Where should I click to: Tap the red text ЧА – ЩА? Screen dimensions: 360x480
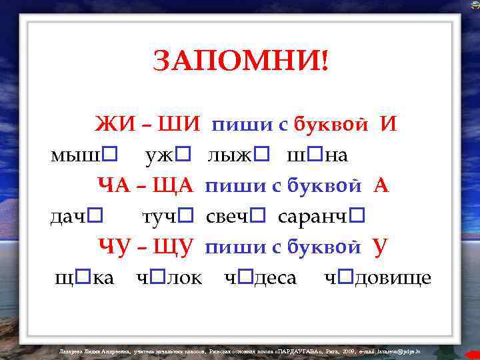pos(145,185)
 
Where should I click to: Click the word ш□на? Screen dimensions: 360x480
pos(317,156)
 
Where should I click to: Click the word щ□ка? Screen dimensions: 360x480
pos(84,277)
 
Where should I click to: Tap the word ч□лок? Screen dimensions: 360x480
pos(168,277)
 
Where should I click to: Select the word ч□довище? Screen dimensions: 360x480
pos(377,277)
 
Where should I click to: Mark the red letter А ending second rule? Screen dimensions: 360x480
pos(381,185)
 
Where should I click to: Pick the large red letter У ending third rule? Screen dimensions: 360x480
pos(380,247)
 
